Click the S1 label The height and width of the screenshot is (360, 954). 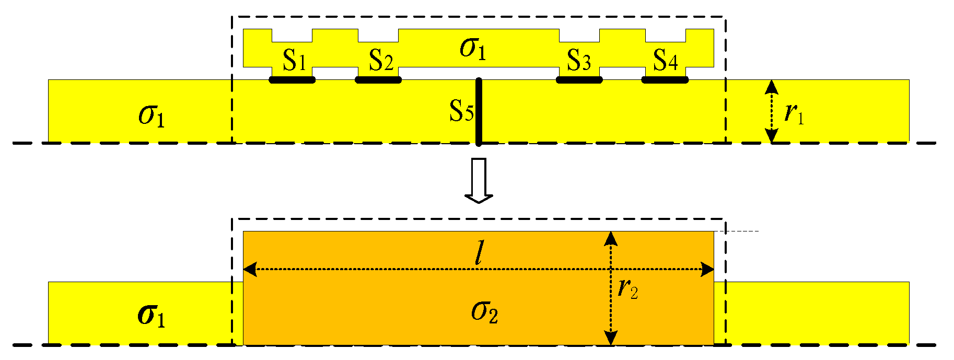[x=294, y=61]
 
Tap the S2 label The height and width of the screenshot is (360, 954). [x=381, y=61]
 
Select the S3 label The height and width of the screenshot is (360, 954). [x=579, y=61]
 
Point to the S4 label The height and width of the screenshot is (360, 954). [x=666, y=61]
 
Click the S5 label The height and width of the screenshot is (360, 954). [x=461, y=111]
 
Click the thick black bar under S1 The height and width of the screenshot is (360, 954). [x=292, y=80]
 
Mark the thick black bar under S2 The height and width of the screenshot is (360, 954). [x=378, y=80]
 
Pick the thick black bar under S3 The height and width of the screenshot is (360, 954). [x=579, y=80]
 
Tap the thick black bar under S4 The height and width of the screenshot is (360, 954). [x=665, y=80]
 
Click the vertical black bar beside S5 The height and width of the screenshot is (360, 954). [x=479, y=112]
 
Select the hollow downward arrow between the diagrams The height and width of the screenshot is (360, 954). [x=479, y=180]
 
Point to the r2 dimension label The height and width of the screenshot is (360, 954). [x=627, y=288]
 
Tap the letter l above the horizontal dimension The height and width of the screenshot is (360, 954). [x=478, y=254]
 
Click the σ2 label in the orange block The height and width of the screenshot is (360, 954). [x=484, y=312]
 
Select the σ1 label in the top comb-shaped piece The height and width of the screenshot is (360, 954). [x=473, y=49]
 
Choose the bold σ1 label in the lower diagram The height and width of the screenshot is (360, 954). [x=152, y=316]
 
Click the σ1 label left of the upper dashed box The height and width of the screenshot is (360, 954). [x=152, y=115]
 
